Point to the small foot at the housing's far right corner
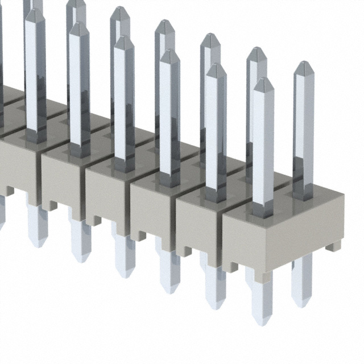336,246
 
